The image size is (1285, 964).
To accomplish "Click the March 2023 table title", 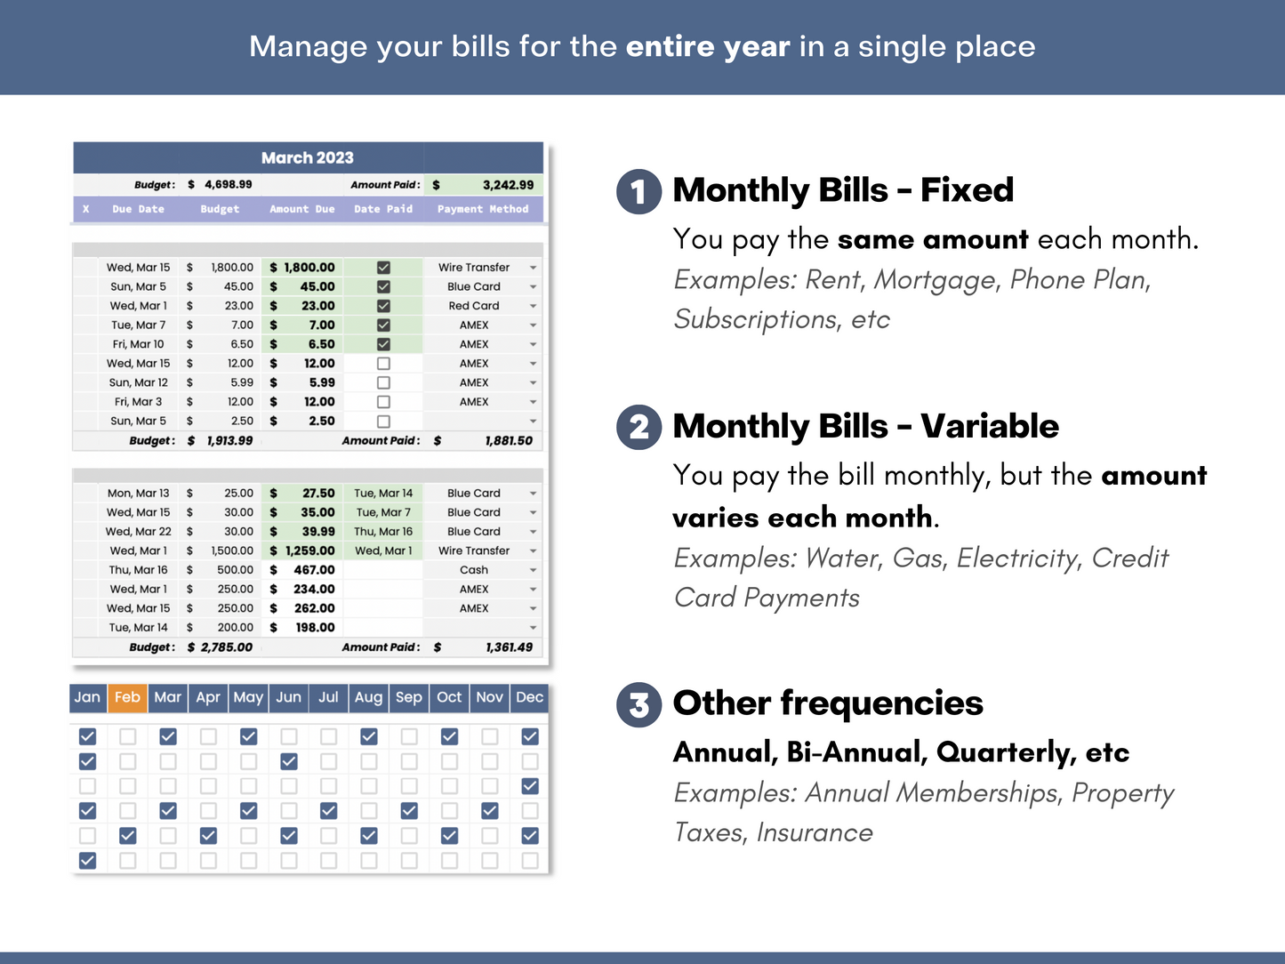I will [308, 157].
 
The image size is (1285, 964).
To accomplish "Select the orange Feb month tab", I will [127, 697].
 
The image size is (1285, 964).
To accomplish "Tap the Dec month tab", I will [529, 697].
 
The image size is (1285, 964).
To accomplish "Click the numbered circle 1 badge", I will [638, 191].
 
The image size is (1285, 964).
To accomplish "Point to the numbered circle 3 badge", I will [638, 704].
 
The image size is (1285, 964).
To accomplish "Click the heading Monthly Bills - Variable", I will [865, 426].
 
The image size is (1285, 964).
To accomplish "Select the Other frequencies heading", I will [828, 703].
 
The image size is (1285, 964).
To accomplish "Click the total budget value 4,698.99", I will [228, 185].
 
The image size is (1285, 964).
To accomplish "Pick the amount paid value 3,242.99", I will [508, 185].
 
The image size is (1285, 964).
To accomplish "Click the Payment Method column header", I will [483, 209].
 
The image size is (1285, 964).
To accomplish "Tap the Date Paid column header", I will [383, 209].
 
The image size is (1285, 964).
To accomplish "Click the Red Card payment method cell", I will [474, 306].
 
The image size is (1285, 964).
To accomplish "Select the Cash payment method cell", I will [474, 570].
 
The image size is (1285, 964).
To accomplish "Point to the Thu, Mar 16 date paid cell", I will [383, 532].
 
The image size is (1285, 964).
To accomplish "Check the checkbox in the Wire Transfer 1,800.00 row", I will [383, 268].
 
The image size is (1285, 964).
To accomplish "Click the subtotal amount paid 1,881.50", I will [509, 440].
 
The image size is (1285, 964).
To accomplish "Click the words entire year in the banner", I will [708, 46].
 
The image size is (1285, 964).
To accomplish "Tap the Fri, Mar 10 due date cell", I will [138, 344].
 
